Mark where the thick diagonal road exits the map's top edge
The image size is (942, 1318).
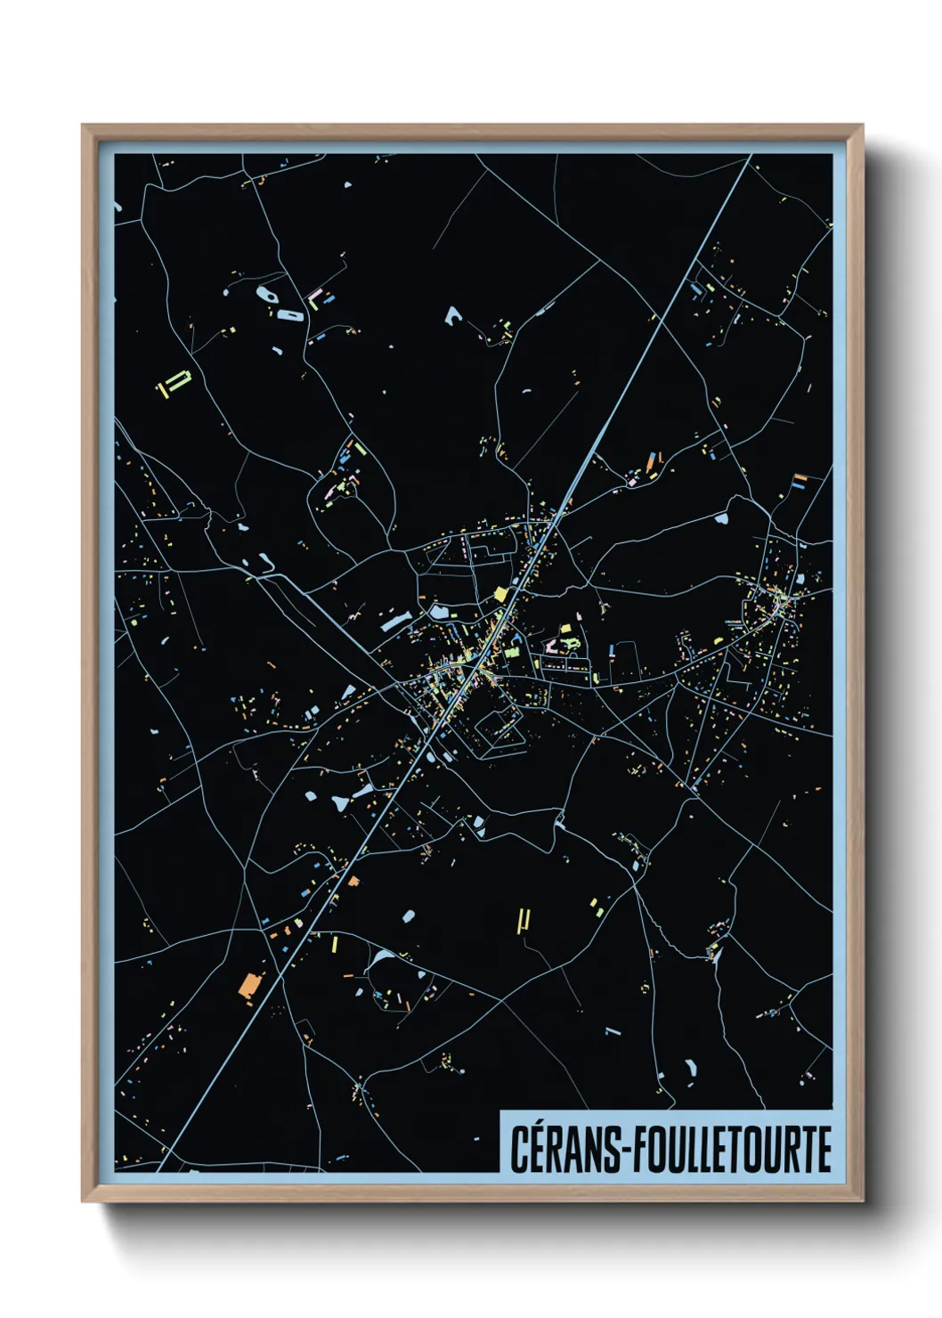pyautogui.click(x=750, y=156)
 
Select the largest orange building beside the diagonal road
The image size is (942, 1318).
pyautogui.click(x=249, y=984)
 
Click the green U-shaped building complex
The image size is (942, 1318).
pyautogui.click(x=175, y=382)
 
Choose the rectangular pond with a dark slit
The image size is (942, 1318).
pyautogui.click(x=290, y=314)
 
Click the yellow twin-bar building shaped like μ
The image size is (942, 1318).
pyautogui.click(x=524, y=920)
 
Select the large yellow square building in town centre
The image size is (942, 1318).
pyautogui.click(x=500, y=594)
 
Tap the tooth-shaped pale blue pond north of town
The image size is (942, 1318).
pyautogui.click(x=454, y=315)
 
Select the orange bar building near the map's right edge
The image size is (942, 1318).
pyautogui.click(x=800, y=477)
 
